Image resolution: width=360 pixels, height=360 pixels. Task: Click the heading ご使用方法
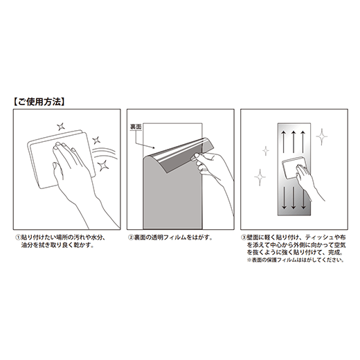point(39,102)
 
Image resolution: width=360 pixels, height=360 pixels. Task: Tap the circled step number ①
point(18,237)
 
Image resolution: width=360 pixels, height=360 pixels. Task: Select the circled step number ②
point(131,237)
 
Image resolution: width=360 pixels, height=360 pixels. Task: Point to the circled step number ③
point(244,237)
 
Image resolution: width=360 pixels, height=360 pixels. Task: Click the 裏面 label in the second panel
point(136,127)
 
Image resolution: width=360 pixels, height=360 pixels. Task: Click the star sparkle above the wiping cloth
point(61,127)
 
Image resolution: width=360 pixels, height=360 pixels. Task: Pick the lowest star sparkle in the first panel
point(102,165)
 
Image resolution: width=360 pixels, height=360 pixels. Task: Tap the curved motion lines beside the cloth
point(104,153)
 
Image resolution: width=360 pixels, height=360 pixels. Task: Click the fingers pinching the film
point(199,161)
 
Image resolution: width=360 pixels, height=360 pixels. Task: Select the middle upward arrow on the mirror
point(294,141)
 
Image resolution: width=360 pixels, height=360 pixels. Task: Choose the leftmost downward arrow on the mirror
point(284,198)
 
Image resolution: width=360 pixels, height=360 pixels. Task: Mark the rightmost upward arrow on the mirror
point(303,141)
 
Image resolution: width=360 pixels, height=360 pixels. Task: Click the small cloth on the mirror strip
point(293,167)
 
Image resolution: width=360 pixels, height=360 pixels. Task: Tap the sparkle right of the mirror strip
point(322,137)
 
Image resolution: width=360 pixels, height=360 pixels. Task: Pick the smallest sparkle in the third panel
point(266,151)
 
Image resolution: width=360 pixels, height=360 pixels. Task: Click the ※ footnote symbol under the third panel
point(249,260)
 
